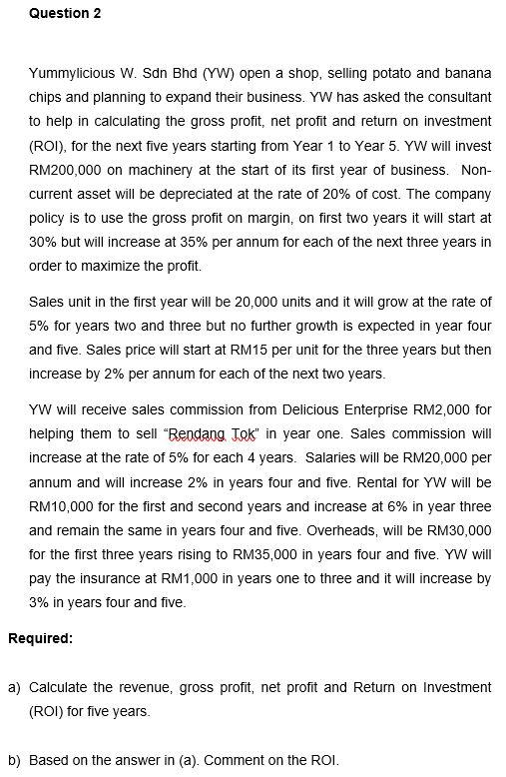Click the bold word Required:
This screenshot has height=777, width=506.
point(40,638)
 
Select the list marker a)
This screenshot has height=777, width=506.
point(15,687)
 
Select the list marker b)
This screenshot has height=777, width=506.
point(15,760)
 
